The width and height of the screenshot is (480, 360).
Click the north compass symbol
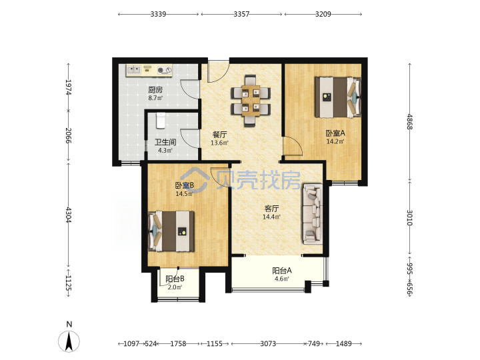(69, 341)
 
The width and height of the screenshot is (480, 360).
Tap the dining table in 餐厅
(251, 101)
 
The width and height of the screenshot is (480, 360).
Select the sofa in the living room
(313, 214)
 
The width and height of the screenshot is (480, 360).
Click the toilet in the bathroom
(161, 120)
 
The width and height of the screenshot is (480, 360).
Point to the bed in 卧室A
(338, 97)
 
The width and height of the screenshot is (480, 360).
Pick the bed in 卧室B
(171, 231)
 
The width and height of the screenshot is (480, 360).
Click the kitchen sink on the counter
(133, 70)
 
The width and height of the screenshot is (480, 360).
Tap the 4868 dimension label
(410, 122)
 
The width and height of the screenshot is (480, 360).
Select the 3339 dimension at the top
(158, 14)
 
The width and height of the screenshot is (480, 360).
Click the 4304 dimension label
(69, 215)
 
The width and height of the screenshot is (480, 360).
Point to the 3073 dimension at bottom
(268, 343)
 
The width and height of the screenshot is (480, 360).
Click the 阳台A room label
(282, 271)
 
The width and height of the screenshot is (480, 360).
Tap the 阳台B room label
(175, 279)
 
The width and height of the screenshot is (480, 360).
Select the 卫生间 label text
(165, 143)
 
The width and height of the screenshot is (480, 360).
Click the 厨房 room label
(155, 90)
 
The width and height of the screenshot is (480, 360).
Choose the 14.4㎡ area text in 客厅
(271, 217)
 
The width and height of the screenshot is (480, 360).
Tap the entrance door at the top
(218, 71)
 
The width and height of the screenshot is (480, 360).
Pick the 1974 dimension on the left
(69, 87)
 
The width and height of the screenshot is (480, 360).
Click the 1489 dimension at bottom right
(344, 343)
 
